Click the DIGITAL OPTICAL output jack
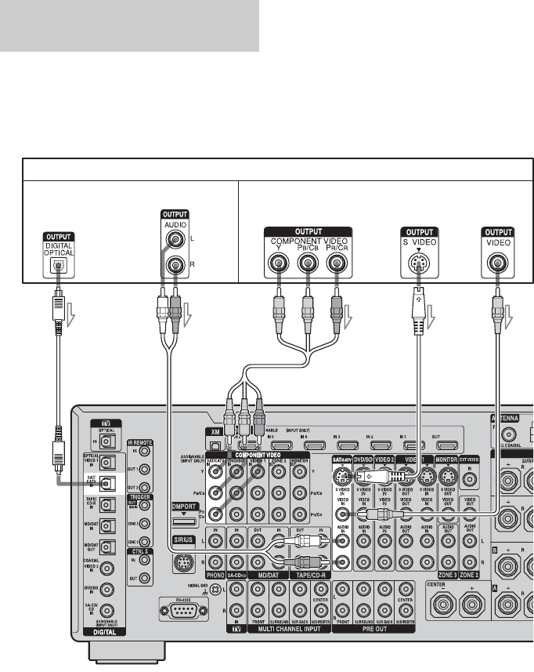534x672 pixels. (x=56, y=264)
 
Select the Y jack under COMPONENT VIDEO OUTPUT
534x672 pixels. (x=277, y=264)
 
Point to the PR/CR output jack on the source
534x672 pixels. (x=337, y=264)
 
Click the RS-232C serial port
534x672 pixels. (x=179, y=609)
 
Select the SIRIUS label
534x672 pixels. (x=183, y=540)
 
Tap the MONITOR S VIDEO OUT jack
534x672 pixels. (x=446, y=477)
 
